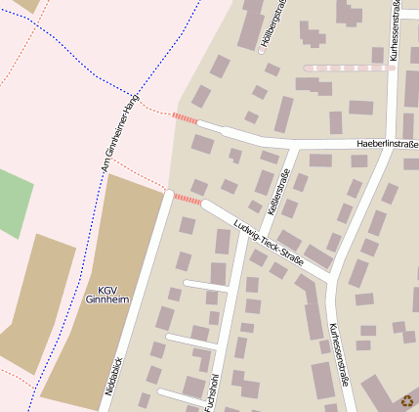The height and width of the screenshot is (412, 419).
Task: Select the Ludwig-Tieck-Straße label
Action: [x=269, y=244]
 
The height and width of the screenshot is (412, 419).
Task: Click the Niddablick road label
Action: [x=115, y=375]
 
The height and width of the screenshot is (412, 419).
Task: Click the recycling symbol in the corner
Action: [x=407, y=400]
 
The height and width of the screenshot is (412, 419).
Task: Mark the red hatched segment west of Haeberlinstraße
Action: [x=185, y=118]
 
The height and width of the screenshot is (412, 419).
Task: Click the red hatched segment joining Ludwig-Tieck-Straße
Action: [x=187, y=199]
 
